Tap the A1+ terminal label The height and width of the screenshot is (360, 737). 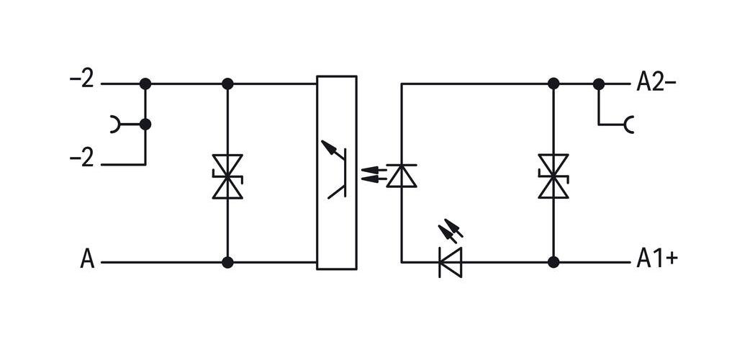coord(657,258)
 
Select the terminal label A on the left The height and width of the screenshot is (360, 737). coord(87,259)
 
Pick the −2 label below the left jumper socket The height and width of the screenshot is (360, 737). coord(82,159)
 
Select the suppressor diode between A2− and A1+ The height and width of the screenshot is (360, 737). coord(553,176)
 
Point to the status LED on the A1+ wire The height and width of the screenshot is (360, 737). coord(451,262)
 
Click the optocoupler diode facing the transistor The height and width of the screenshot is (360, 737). coord(402,176)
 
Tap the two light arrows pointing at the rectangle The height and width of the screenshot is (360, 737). coord(374,174)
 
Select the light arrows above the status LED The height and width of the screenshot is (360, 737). coord(451,230)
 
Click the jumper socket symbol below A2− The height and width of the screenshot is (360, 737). coord(629,125)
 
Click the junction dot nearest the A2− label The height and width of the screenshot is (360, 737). coord(598,84)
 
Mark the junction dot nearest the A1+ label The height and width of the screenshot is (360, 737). coord(553,262)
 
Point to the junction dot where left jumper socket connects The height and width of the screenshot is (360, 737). coord(145,125)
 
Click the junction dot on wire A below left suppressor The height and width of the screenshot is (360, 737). coord(227,262)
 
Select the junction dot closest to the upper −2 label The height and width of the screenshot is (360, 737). coord(145,84)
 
